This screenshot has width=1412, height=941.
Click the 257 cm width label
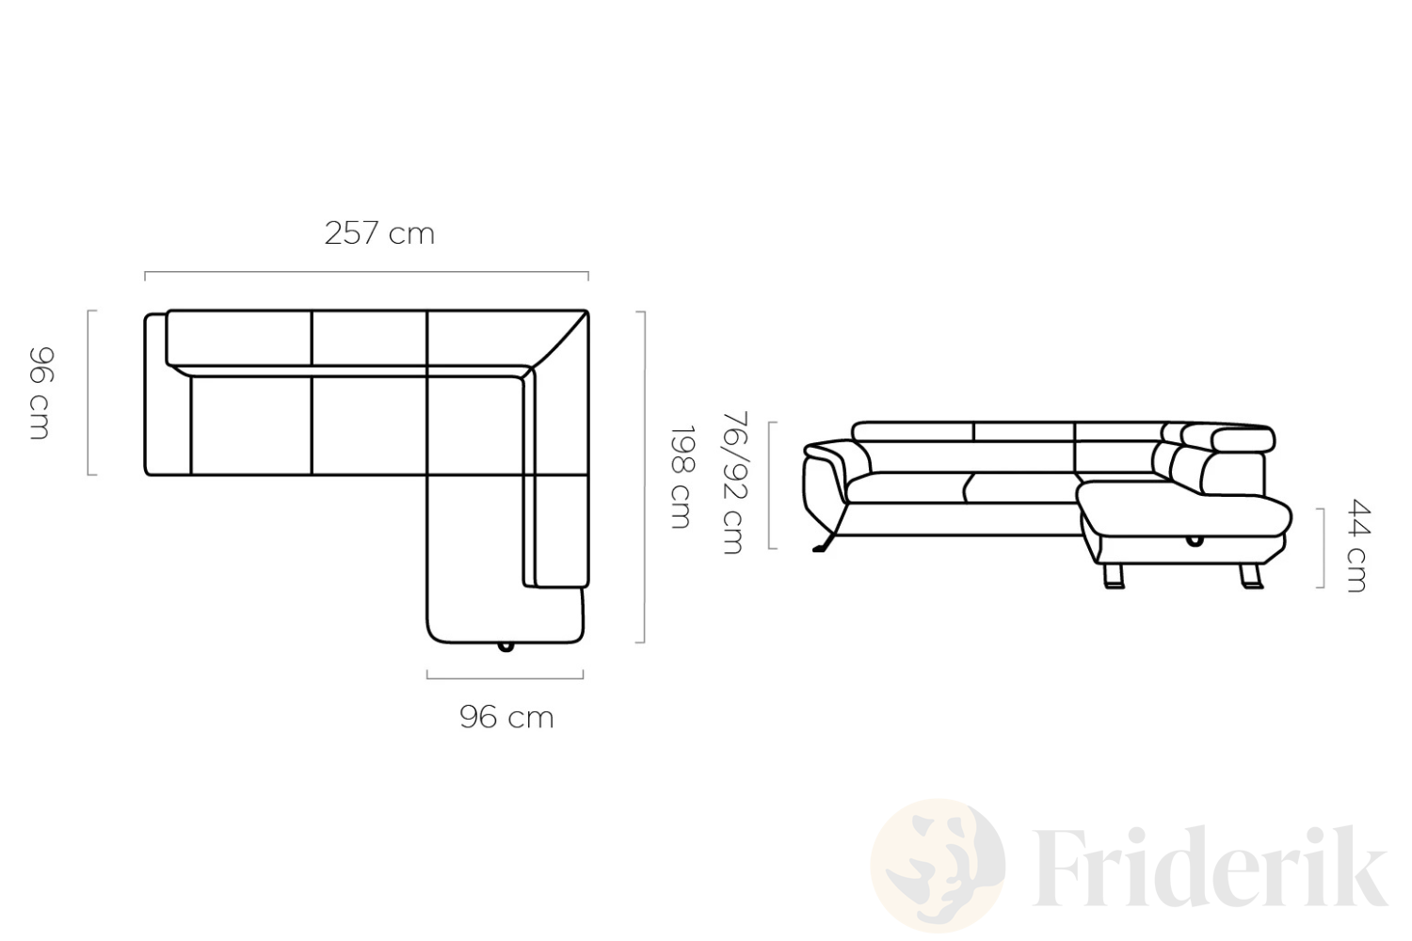pos(379,233)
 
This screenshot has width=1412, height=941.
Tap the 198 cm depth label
pos(682,477)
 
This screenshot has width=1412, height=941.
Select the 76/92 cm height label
pos(734,483)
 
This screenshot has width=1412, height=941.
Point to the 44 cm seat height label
pos(1356,546)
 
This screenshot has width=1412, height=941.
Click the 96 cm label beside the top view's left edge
pos(41,393)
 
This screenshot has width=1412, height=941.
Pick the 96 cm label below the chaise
pos(506,717)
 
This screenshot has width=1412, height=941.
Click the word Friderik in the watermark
pos(1210,868)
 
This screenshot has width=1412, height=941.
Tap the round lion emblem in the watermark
pos(938,866)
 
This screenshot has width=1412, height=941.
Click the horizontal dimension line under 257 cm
pos(366,272)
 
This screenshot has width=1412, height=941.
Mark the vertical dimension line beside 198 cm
pos(644,477)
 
